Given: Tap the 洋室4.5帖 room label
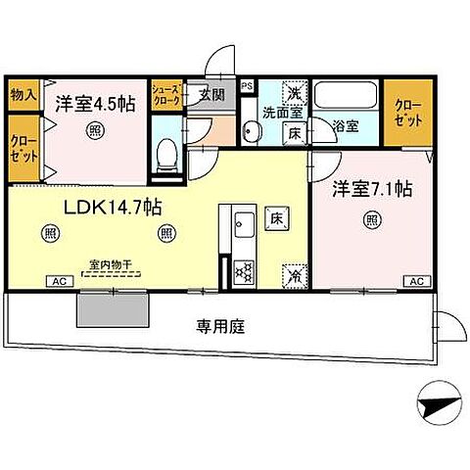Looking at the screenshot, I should pos(94,102).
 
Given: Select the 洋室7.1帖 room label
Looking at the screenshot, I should pos(370,188).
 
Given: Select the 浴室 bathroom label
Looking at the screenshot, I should pos(345,125).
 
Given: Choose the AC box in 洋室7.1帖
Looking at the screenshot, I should pos(416,282).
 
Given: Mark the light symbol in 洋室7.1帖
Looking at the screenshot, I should pos(372,219).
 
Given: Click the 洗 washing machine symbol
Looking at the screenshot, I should pos(292,94).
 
